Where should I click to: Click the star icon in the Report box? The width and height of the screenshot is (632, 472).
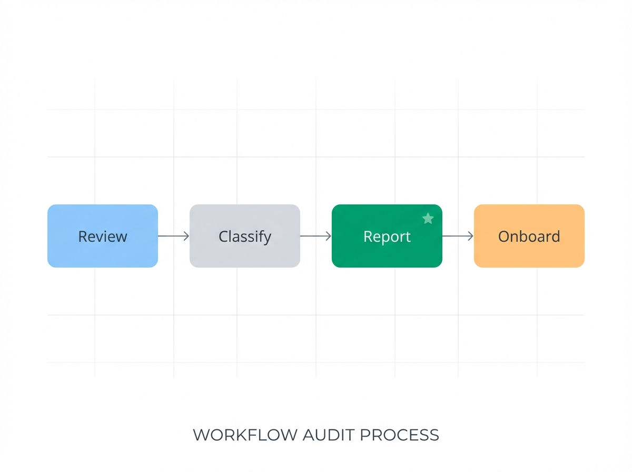click(x=428, y=218)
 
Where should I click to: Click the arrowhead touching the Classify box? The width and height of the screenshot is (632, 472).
click(x=186, y=236)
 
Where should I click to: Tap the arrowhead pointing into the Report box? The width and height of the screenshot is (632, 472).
click(x=329, y=236)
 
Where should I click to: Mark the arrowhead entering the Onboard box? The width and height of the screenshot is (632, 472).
click(x=471, y=236)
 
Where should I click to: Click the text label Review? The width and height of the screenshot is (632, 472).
click(x=103, y=237)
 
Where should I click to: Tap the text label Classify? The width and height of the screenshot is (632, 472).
click(x=245, y=237)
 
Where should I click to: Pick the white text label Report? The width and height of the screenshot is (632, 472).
click(x=387, y=237)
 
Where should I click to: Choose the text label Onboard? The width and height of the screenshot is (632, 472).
click(x=529, y=237)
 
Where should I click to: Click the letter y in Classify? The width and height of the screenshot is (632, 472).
click(x=268, y=239)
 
